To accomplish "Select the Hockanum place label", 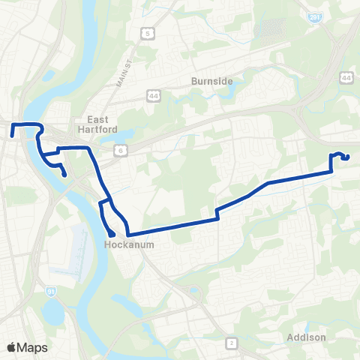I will click(x=124, y=244).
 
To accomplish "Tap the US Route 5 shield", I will click(x=148, y=34).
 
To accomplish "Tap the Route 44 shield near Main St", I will click(x=153, y=95).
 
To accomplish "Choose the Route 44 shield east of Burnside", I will click(x=346, y=77).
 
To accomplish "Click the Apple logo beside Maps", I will click(x=12, y=347).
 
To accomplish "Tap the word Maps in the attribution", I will click(x=33, y=347).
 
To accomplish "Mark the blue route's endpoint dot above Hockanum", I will click(x=111, y=234).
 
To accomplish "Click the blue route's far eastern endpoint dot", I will click(x=346, y=157).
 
